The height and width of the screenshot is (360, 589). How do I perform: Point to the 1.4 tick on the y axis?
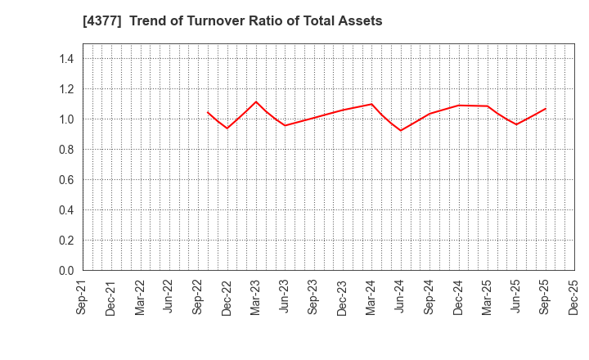click(66, 59)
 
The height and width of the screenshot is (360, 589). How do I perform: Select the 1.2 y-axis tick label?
click(66, 89)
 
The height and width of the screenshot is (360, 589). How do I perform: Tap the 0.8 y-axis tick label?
click(66, 150)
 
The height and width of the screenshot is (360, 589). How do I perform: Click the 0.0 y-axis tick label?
click(66, 270)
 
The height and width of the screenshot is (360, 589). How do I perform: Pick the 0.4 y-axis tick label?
click(66, 210)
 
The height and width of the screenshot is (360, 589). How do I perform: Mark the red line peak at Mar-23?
click(256, 101)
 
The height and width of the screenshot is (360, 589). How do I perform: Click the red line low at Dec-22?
click(227, 128)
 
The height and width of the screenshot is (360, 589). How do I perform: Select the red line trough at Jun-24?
click(401, 130)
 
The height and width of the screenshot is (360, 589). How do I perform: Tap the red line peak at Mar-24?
click(372, 104)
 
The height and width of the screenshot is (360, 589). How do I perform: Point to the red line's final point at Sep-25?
click(546, 108)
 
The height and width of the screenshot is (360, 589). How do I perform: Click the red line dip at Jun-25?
click(516, 124)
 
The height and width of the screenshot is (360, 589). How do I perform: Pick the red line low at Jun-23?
click(285, 125)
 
